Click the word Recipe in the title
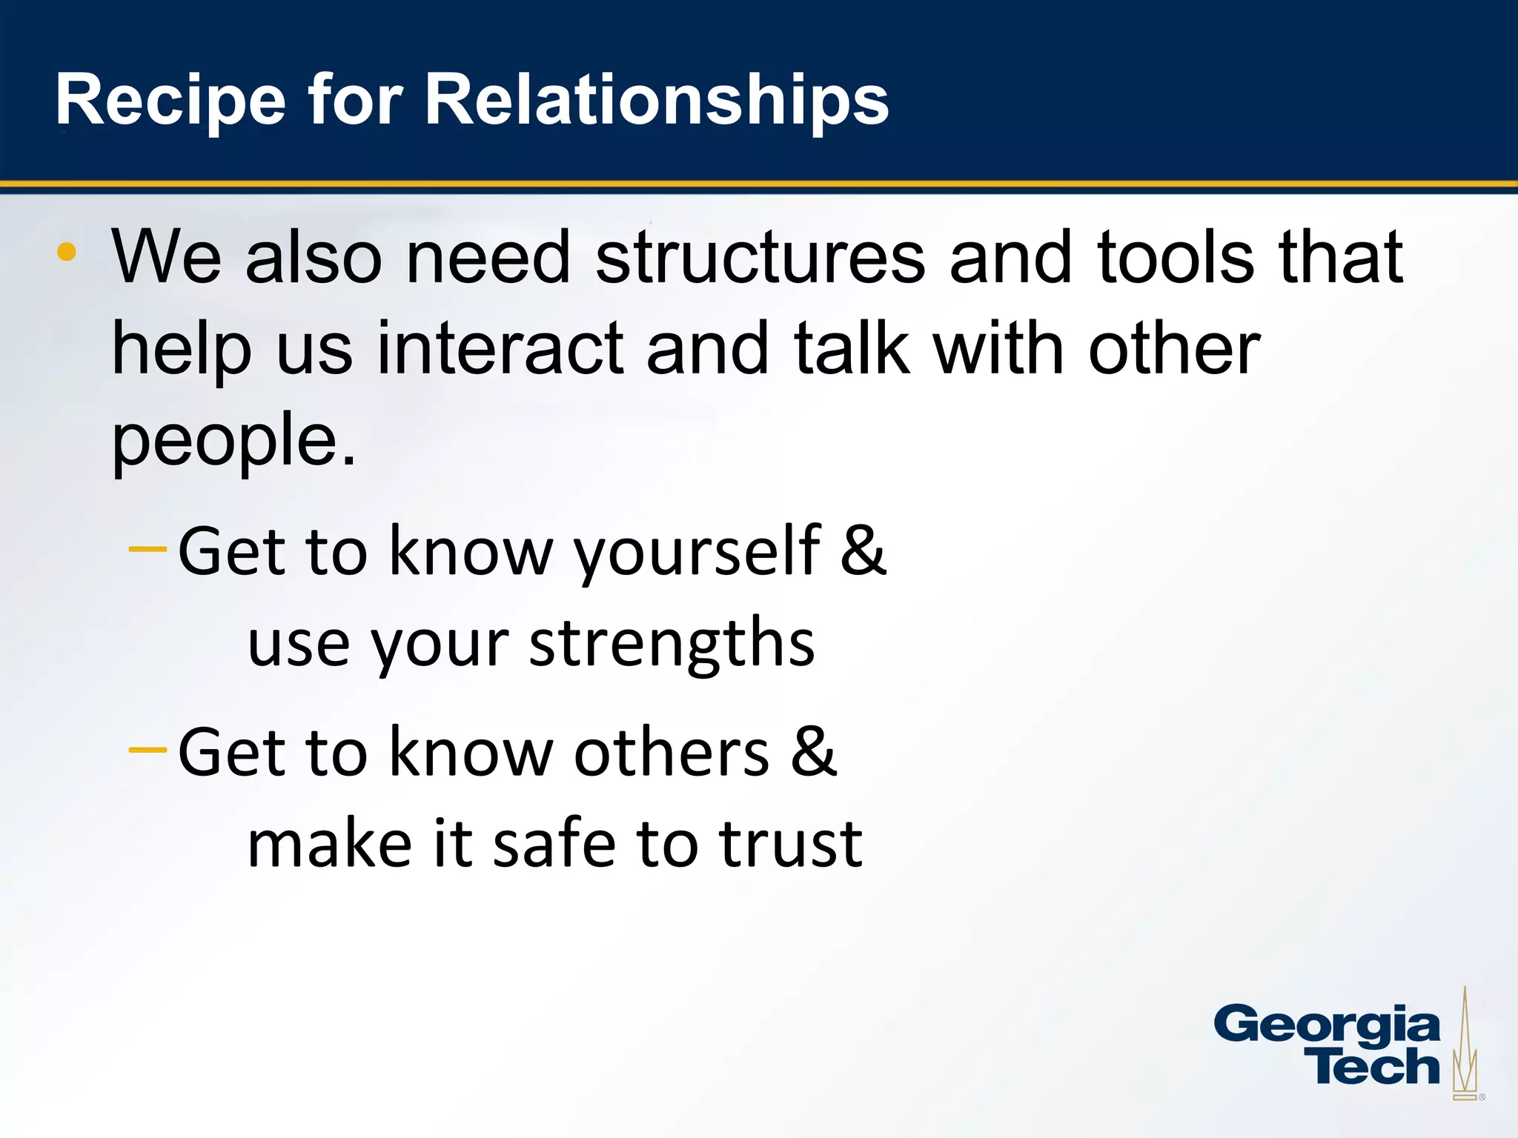tap(170, 100)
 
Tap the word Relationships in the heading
tap(656, 100)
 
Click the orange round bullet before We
tap(67, 252)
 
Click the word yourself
tap(697, 552)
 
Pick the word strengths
tap(672, 643)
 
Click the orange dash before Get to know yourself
tap(148, 549)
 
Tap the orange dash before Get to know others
tap(148, 750)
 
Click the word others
tap(672, 753)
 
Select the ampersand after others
tap(813, 752)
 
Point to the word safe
tap(554, 845)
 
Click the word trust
tap(790, 845)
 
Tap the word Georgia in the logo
tap(1327, 1026)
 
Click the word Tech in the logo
tap(1375, 1068)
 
